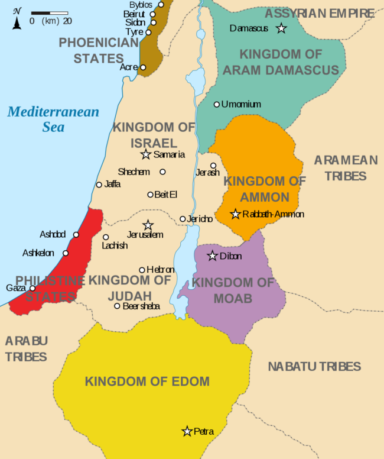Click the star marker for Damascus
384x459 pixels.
282,28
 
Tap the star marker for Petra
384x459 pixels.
187,431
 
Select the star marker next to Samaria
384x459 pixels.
146,154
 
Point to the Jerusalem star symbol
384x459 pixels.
148,225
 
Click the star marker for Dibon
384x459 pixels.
213,256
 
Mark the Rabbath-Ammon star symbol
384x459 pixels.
236,214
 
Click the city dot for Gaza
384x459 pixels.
32,288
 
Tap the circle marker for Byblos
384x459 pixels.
161,4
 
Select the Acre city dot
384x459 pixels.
143,67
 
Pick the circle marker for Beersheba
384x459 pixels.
117,306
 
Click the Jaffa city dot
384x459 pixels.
99,185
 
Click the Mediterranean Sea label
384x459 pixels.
53,119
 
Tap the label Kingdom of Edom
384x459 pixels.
147,381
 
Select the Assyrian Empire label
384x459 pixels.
320,13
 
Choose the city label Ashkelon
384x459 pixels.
38,253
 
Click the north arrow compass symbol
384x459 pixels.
17,19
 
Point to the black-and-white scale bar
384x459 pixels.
49,12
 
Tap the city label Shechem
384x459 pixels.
134,172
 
